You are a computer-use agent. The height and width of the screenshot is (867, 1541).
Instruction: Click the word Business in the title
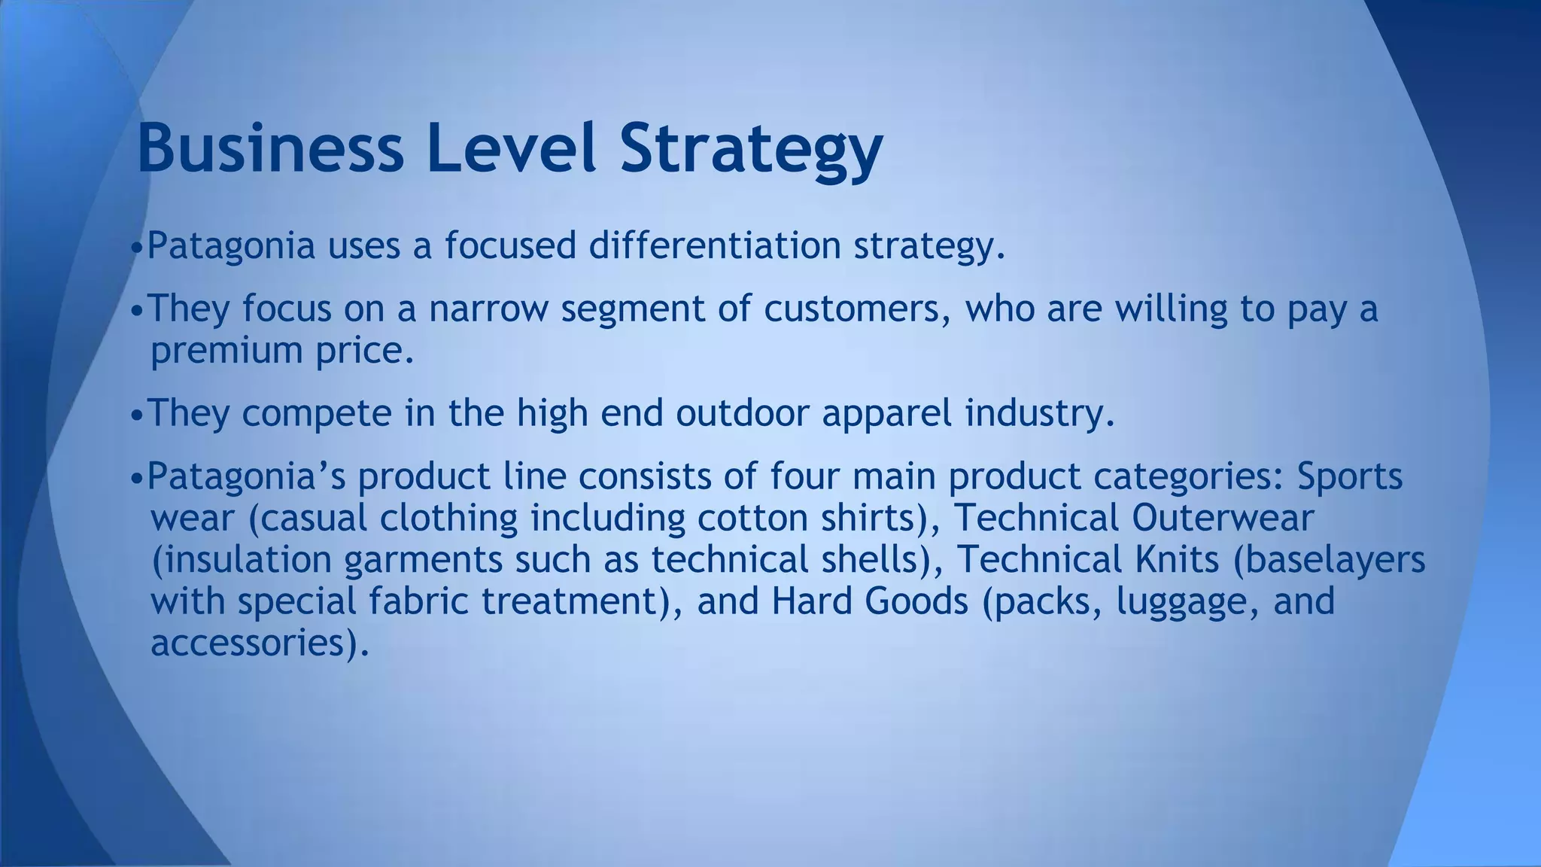[270, 148]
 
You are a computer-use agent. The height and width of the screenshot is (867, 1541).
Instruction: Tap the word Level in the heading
[511, 148]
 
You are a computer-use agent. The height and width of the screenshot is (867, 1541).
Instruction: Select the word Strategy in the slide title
[750, 151]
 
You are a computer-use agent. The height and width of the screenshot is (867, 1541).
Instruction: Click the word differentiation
[714, 245]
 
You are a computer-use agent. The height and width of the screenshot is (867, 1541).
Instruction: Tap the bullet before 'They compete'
[136, 415]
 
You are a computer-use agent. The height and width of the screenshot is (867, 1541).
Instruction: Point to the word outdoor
[742, 413]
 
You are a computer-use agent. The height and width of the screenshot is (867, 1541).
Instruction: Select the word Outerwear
[1223, 518]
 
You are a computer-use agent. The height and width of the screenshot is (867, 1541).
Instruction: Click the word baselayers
[1329, 561]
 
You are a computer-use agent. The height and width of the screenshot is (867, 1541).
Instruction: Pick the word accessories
[251, 643]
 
